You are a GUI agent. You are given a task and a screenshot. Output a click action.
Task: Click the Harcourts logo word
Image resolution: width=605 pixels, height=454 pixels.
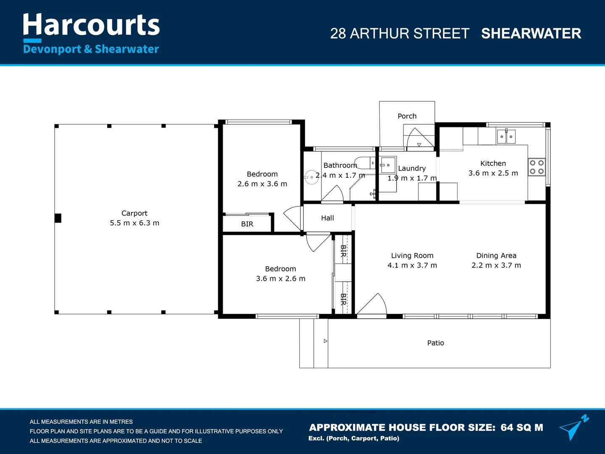(91, 25)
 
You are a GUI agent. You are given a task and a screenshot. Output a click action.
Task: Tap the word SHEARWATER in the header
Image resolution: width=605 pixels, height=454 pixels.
(531, 33)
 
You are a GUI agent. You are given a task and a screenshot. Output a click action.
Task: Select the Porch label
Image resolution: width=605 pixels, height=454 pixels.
(407, 116)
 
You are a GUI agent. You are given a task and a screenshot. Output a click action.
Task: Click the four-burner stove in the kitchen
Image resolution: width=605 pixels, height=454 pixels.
(537, 167)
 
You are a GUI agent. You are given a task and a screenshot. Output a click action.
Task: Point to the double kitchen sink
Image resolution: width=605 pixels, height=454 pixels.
(506, 137)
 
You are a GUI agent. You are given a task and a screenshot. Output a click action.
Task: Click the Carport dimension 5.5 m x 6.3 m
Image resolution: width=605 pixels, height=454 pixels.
(134, 223)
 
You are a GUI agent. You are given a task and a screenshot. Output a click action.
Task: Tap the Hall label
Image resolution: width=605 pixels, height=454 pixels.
(327, 218)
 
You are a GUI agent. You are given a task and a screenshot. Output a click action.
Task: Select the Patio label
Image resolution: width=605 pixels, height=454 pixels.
(436, 343)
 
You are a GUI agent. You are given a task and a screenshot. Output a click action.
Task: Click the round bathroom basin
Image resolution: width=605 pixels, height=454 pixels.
(311, 177)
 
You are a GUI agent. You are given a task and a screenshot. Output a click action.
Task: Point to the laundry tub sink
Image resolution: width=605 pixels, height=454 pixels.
(388, 165)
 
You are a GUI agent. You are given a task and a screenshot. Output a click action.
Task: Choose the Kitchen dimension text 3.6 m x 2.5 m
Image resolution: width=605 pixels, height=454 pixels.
(493, 173)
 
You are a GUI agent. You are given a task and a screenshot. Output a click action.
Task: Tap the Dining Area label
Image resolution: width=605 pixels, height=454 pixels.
(496, 256)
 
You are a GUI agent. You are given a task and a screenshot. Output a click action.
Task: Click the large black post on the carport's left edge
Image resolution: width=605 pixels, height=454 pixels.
(58, 218)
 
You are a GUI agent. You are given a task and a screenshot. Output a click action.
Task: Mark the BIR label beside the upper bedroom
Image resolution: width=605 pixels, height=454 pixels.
(247, 224)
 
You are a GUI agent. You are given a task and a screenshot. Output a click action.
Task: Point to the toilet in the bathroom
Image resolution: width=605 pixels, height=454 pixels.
(364, 163)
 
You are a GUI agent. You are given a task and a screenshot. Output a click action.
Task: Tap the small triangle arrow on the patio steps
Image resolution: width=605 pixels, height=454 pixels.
(326, 341)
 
